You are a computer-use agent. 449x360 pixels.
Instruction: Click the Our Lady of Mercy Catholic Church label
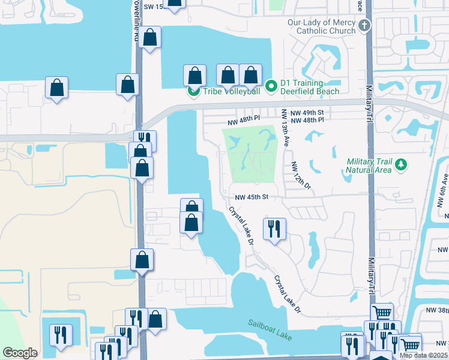(321, 27)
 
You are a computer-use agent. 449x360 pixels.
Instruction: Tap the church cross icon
(365, 25)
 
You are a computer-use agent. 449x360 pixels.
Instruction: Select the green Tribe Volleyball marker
(194, 91)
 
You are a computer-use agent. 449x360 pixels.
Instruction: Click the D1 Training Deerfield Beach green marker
(271, 87)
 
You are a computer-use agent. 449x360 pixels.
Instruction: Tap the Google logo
(20, 353)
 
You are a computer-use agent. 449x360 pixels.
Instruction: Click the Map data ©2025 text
(423, 355)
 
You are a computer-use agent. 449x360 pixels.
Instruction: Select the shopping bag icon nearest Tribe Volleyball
(194, 76)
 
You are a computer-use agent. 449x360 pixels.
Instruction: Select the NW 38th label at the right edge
(437, 310)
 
